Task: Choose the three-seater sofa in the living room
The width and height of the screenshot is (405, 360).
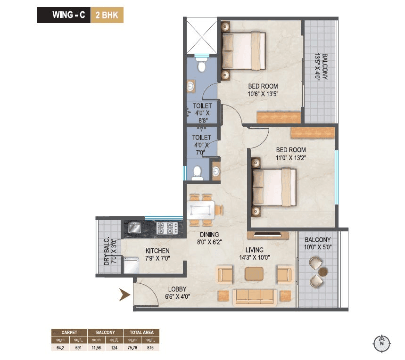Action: (254, 295)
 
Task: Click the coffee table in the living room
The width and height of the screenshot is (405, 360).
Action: (255, 274)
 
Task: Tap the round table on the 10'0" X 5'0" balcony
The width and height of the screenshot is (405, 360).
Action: (323, 271)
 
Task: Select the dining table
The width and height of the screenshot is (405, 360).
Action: (202, 209)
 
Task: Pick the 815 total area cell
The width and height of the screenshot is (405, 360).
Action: (150, 348)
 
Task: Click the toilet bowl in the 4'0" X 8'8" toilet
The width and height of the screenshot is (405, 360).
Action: (202, 66)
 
